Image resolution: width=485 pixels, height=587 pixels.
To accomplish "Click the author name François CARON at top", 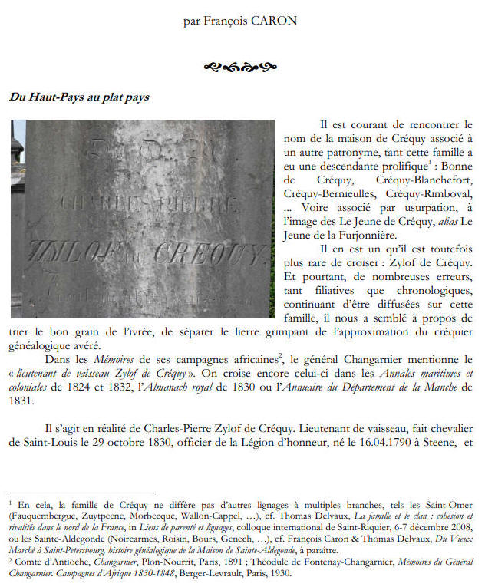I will tap(240, 21).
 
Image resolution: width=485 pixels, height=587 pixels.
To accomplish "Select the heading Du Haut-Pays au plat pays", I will tap(79, 97).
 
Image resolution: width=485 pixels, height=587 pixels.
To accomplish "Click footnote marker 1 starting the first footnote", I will tap(12, 503).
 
